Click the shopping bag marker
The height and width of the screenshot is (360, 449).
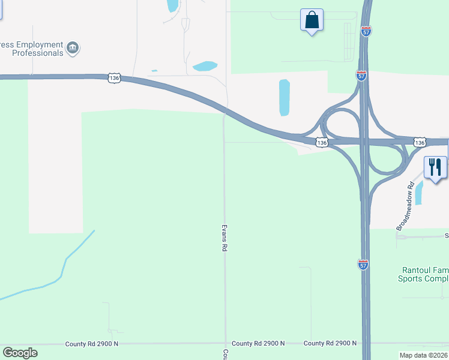[312, 20]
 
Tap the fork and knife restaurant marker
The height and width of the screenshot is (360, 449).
[435, 167]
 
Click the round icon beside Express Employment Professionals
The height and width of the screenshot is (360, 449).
[73, 48]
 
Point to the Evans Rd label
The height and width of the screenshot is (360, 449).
[224, 238]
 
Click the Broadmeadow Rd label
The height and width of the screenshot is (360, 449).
[406, 206]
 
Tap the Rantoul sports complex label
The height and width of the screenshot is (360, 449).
[423, 274]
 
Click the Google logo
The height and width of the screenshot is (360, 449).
[20, 353]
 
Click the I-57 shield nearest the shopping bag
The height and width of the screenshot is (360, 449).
[366, 31]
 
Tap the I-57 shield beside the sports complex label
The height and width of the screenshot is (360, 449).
[363, 264]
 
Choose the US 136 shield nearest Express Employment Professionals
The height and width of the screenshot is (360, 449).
[114, 78]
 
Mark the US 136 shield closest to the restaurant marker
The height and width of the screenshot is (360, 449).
[420, 142]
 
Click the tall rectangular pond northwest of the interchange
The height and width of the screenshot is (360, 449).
[284, 97]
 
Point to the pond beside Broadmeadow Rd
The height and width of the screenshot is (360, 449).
[419, 193]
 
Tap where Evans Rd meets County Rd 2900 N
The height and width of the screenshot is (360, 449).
[226, 343]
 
